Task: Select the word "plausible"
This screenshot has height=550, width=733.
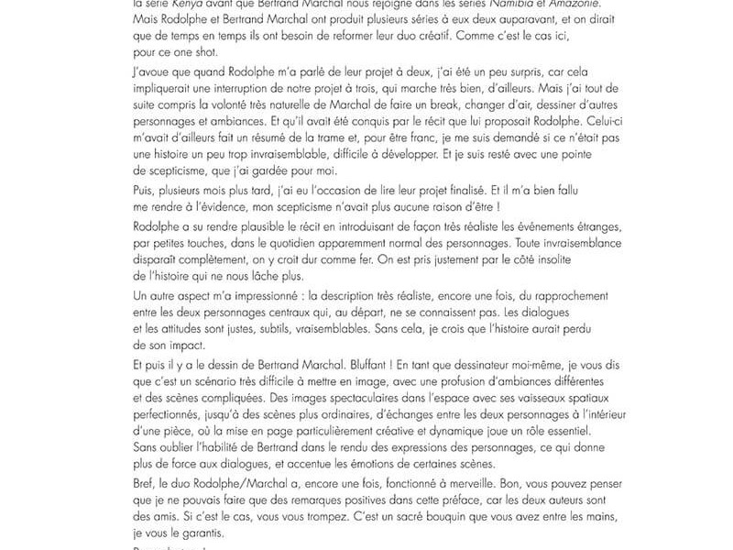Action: pos(267,247)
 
